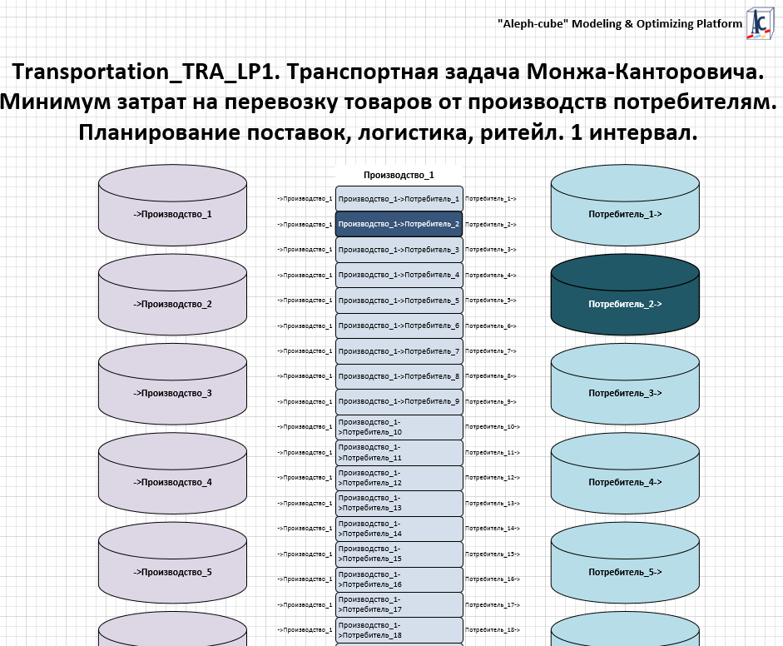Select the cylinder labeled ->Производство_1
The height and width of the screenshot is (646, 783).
point(173,214)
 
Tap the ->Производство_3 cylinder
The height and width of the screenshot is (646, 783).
point(173,393)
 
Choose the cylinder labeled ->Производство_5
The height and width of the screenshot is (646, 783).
point(173,572)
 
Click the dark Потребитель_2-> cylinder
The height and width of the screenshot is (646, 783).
point(625,304)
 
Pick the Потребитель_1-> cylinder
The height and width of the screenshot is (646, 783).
point(625,214)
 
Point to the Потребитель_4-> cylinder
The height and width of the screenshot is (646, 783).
point(625,482)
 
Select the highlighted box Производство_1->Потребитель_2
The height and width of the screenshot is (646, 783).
point(399,224)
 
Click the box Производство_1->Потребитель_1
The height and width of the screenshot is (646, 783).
point(399,199)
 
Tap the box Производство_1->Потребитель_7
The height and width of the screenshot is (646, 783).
point(399,351)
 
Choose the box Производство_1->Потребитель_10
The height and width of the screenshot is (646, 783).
point(399,427)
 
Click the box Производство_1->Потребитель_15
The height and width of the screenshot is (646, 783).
point(399,554)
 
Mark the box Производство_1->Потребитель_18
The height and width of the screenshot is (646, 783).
point(399,630)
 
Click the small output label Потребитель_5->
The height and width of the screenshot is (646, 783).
point(491,301)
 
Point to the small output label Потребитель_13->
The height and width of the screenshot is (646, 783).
point(492,504)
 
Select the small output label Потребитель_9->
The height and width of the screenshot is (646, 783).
point(491,402)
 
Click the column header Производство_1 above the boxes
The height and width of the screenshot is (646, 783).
point(399,176)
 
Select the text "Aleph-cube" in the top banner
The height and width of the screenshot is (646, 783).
point(532,24)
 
